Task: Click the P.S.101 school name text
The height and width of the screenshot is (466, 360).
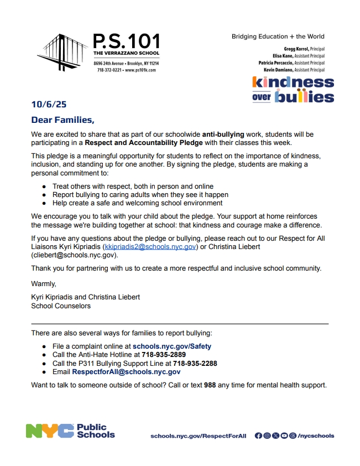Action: [126, 42]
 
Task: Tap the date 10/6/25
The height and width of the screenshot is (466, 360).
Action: [49, 104]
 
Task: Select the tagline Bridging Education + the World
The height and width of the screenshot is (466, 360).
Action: [278, 37]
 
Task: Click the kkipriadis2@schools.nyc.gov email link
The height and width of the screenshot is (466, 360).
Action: [150, 247]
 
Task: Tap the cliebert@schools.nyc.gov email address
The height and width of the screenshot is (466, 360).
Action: [74, 255]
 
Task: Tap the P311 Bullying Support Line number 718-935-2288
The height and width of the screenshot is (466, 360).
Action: [195, 364]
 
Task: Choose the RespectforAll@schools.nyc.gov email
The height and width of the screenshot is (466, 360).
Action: [126, 372]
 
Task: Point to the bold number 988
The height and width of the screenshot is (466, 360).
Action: [210, 385]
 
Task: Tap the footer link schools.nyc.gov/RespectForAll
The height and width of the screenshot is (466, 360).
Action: [199, 436]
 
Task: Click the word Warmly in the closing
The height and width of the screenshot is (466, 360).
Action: [44, 284]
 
